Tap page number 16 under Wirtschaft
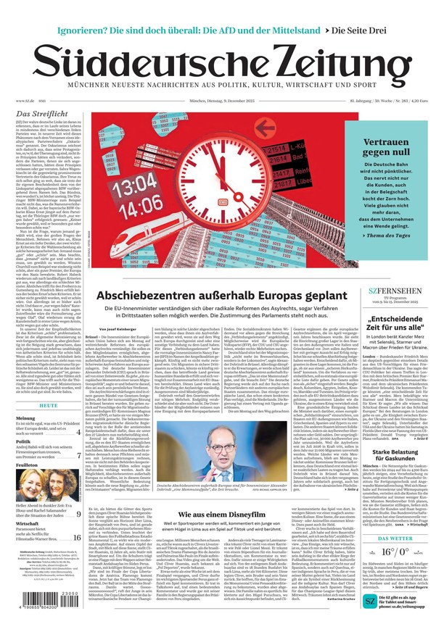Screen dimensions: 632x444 (76, 517)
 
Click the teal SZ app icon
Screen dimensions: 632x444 (370, 602)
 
